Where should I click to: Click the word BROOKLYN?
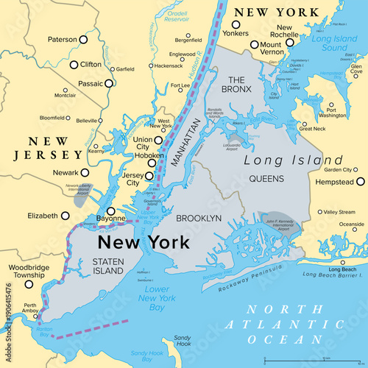199,219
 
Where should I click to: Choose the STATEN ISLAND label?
106,266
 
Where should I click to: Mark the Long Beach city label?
344,269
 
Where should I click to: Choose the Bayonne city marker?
110,211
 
